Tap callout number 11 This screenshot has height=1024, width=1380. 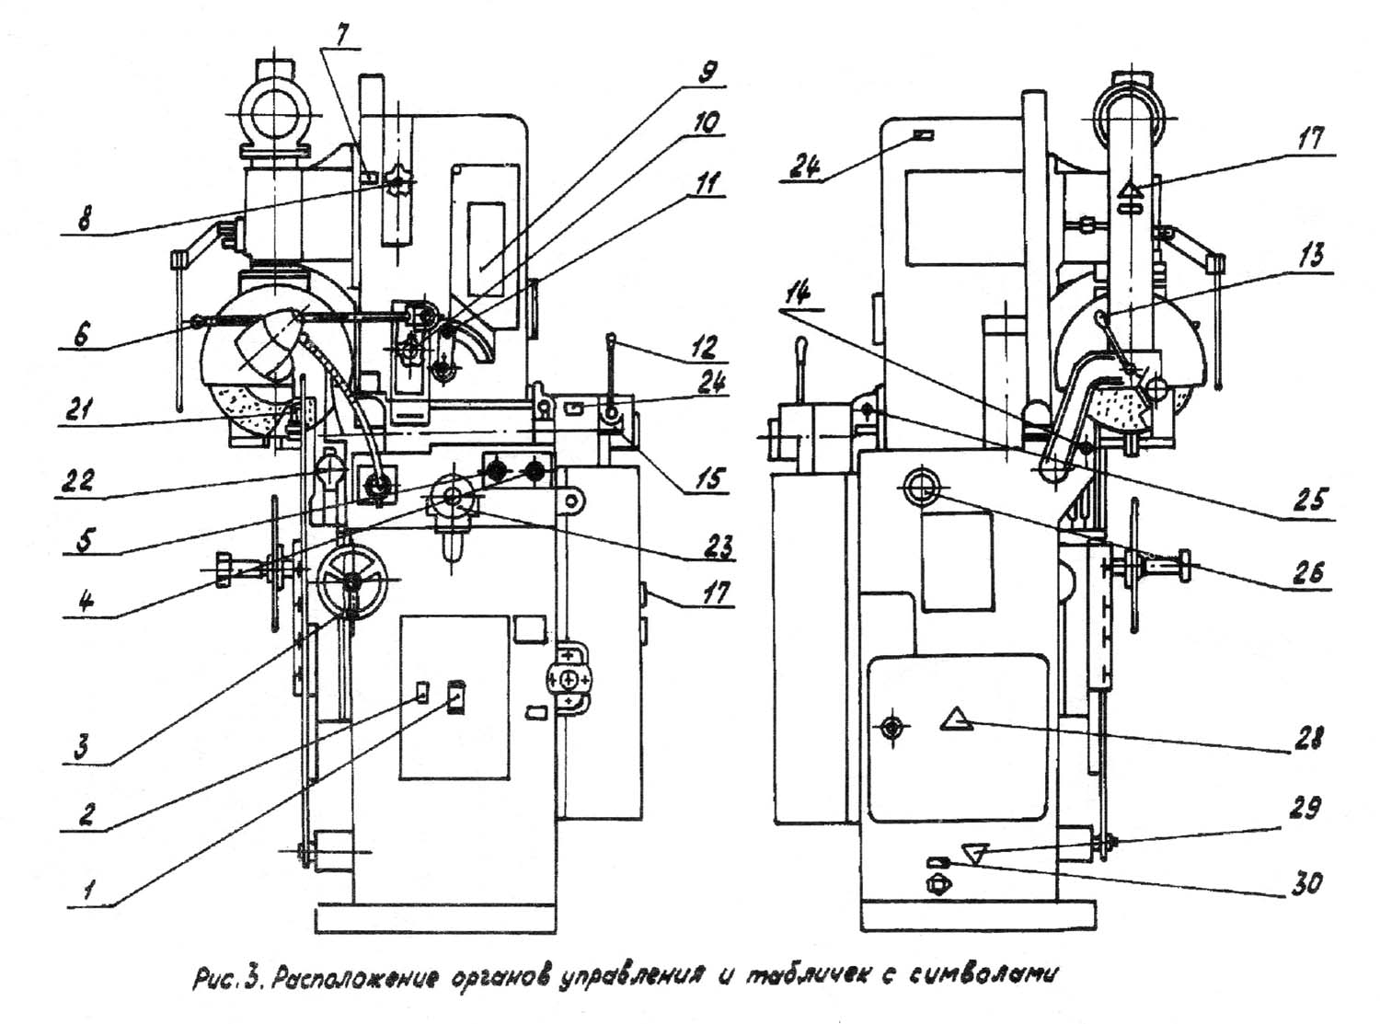click(x=707, y=184)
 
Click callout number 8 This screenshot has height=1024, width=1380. click(x=83, y=221)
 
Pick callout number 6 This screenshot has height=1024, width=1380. click(x=80, y=335)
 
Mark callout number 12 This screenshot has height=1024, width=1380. click(x=707, y=348)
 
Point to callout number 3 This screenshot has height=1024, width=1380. click(x=82, y=745)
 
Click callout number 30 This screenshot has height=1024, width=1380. click(x=1305, y=882)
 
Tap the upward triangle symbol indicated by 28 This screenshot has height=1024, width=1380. click(x=957, y=720)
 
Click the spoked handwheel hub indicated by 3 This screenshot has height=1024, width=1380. click(x=352, y=581)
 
